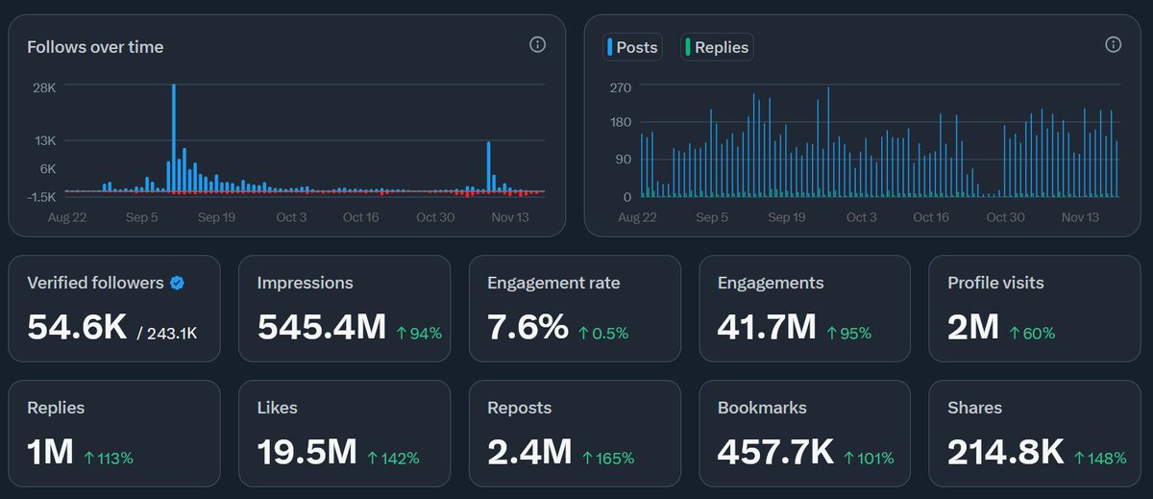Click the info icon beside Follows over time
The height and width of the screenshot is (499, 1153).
click(x=538, y=45)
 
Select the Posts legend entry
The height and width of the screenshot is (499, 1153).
click(x=632, y=47)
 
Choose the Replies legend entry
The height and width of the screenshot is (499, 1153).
click(x=716, y=47)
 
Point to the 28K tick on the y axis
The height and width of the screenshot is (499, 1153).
click(x=44, y=87)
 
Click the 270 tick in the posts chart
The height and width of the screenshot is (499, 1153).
click(x=621, y=87)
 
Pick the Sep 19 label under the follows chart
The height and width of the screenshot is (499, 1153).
click(x=216, y=217)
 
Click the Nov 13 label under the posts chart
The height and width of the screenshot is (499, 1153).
click(x=1080, y=217)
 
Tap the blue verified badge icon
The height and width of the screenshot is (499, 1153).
click(x=177, y=283)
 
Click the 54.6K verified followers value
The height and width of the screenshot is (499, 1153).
click(x=77, y=328)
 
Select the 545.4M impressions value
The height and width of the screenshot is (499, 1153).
click(x=322, y=328)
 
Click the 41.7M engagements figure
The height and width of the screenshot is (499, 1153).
click(x=766, y=328)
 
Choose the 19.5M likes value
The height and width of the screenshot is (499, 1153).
click(x=307, y=452)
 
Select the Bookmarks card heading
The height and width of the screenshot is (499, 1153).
click(x=762, y=408)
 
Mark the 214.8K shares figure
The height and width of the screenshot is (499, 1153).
click(x=1005, y=452)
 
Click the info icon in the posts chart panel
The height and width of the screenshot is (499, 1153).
click(x=1114, y=45)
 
